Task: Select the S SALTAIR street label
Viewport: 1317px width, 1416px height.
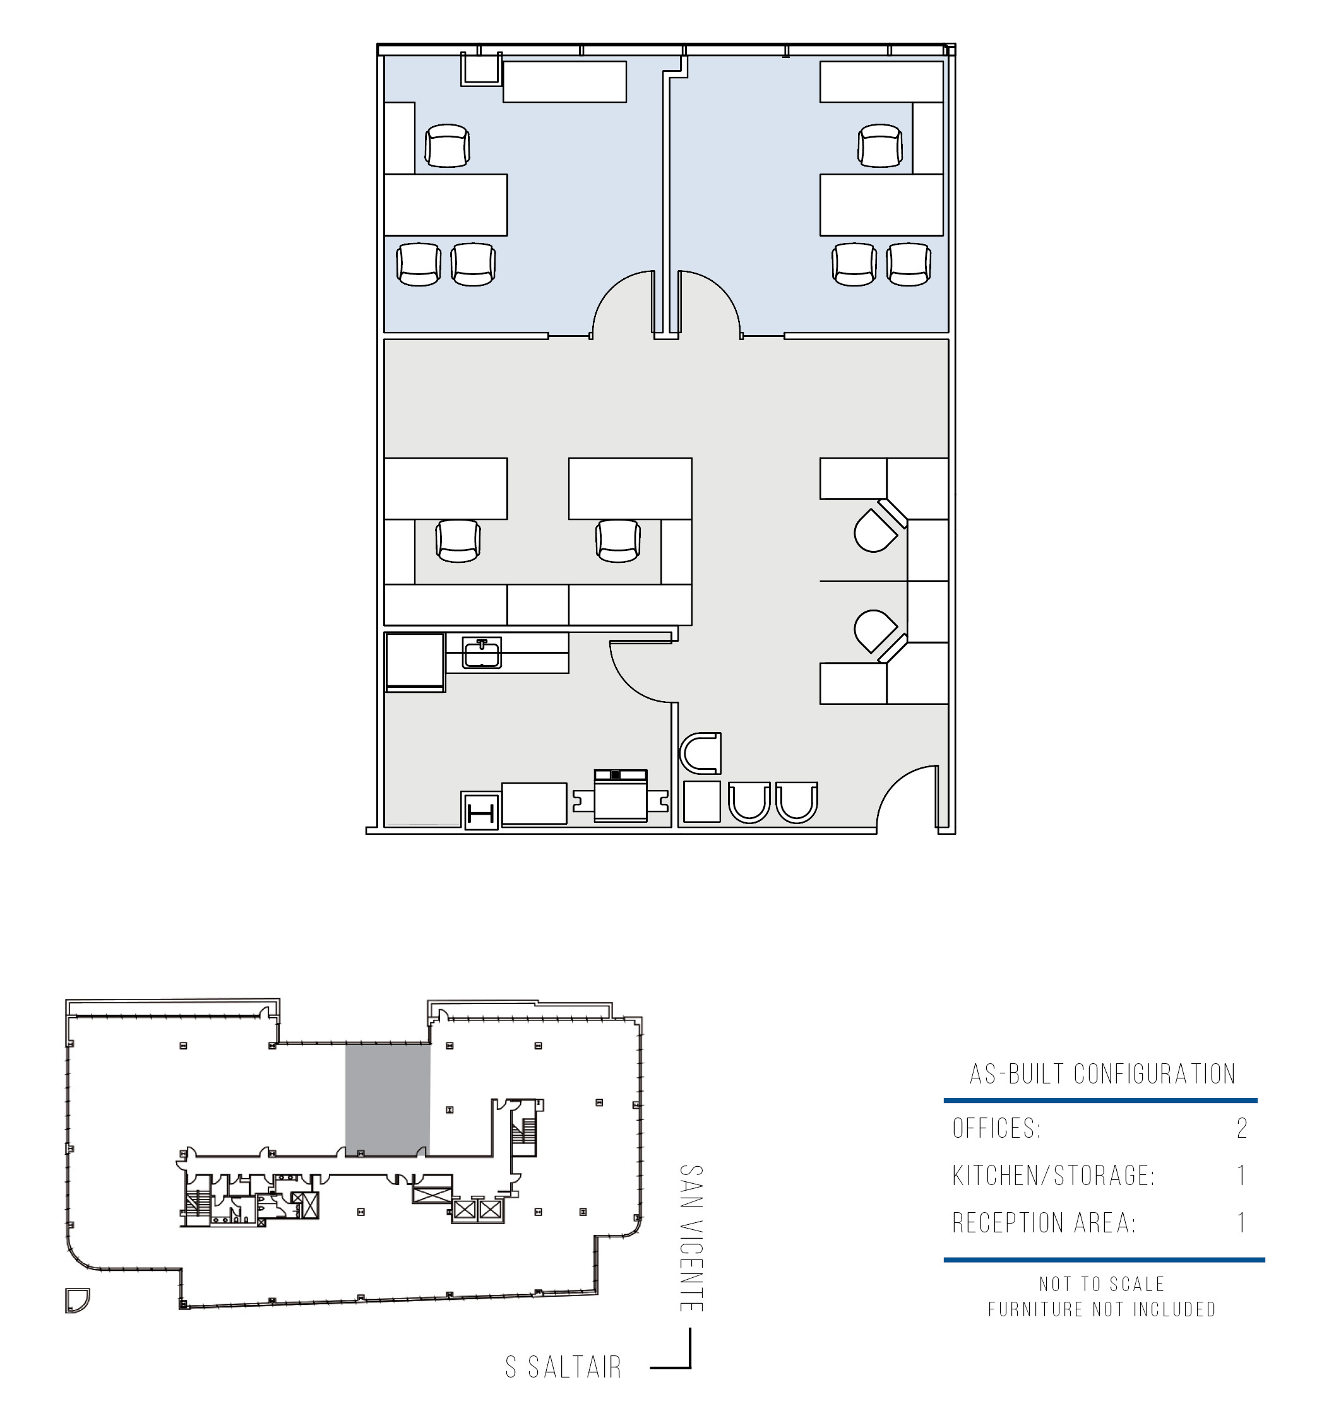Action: (564, 1367)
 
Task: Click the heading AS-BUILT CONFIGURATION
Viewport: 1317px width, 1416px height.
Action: (1102, 1074)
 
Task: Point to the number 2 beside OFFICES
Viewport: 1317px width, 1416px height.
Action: (1242, 1128)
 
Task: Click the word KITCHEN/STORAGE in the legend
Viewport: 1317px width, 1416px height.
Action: (1053, 1176)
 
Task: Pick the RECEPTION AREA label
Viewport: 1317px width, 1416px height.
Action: (1044, 1223)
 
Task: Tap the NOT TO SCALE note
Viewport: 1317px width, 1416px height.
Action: (1102, 1283)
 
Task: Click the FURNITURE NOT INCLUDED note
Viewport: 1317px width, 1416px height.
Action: (1102, 1309)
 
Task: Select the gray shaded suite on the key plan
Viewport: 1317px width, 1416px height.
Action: (388, 1100)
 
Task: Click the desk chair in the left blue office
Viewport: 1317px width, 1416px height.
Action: (447, 146)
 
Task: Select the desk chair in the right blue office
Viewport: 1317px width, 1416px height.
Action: (880, 146)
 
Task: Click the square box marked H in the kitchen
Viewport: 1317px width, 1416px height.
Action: (481, 811)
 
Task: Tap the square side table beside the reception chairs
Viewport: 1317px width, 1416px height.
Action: (702, 801)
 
